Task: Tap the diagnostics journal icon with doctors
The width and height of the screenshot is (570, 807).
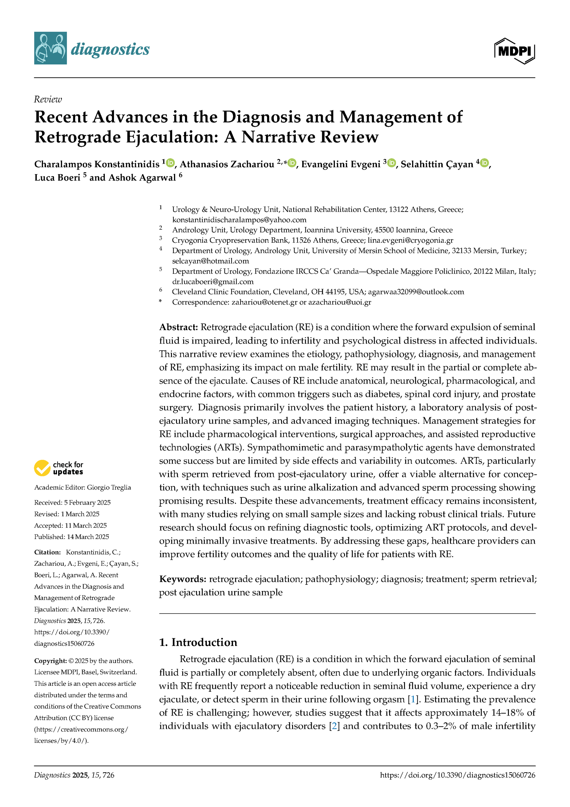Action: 50,48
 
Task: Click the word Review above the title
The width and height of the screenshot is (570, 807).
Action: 48,100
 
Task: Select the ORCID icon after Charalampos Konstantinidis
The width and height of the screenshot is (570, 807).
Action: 170,163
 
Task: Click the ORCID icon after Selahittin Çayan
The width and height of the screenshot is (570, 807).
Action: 484,163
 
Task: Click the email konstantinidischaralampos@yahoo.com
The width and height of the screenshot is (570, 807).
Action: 239,220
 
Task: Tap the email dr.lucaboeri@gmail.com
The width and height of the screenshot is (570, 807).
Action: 213,282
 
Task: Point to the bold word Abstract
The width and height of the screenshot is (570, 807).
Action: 178,327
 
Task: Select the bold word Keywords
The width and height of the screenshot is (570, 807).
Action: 182,579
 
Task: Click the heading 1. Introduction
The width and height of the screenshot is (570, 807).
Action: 198,642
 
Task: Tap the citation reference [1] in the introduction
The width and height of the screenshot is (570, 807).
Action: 413,699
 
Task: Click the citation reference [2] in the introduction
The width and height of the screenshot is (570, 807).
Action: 334,726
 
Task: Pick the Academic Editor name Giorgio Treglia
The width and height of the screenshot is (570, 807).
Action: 109,488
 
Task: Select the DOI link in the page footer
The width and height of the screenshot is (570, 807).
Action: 457,775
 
